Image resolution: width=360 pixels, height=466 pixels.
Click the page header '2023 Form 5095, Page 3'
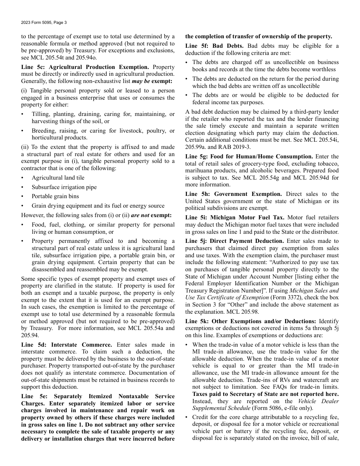tap(44, 22)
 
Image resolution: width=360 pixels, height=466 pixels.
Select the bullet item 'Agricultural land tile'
tap(58, 178)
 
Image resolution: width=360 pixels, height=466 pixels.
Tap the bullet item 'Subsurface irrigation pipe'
tap(64, 187)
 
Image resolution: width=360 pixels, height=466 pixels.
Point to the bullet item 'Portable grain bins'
tap(56, 196)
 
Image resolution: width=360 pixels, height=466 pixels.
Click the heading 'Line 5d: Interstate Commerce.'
tap(67, 345)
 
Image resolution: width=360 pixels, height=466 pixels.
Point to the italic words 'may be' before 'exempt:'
tap(141, 81)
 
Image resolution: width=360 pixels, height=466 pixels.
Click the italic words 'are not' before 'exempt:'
tap(140, 215)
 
